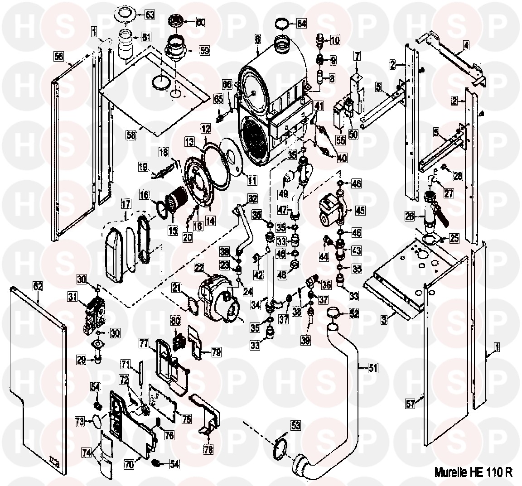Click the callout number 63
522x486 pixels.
pos(150,14)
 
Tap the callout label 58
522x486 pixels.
pos(131,135)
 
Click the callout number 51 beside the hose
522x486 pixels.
pos(372,368)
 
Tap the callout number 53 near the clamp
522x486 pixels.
pos(295,425)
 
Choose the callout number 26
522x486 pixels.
pos(410,217)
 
